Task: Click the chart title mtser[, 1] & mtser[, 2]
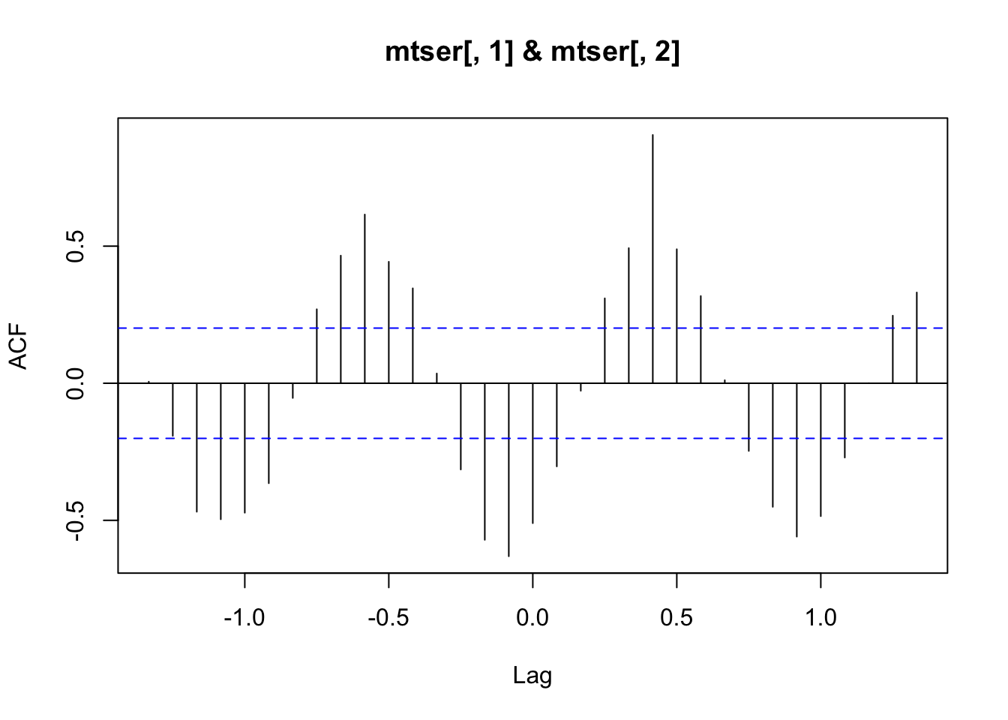tap(532, 52)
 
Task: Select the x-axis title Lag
tap(532, 676)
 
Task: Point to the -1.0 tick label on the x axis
tap(244, 619)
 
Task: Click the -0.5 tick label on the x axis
tap(388, 619)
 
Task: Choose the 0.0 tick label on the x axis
tap(532, 619)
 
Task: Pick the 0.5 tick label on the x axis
tap(676, 619)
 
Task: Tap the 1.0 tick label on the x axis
tap(820, 619)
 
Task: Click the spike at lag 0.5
tap(676, 315)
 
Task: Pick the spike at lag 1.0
tap(820, 450)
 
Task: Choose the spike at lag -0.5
tap(388, 322)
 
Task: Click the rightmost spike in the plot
tap(916, 337)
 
